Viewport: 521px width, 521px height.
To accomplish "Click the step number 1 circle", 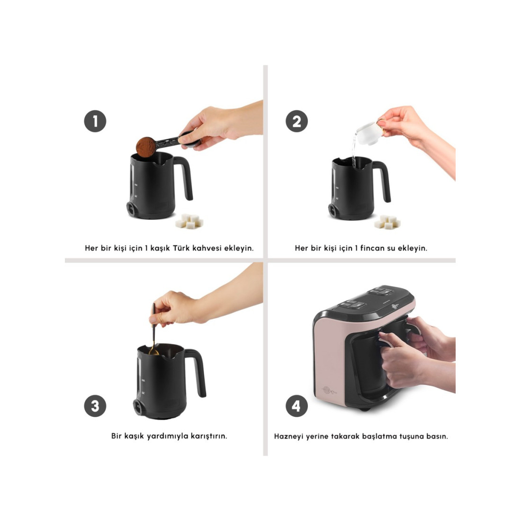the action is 95,121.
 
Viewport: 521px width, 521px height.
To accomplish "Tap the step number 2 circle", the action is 296,121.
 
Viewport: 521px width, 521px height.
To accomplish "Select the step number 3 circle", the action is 95,406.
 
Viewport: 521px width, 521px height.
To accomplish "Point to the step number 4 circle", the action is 296,406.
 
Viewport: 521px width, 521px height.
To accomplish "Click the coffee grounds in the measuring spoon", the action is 146,147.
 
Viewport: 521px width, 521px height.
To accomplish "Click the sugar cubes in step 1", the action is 189,221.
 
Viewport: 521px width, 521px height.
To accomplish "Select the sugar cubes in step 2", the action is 387,222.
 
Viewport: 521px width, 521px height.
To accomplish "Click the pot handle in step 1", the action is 185,178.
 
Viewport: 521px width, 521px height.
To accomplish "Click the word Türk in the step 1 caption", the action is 181,248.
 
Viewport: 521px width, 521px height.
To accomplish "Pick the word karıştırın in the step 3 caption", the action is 209,436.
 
